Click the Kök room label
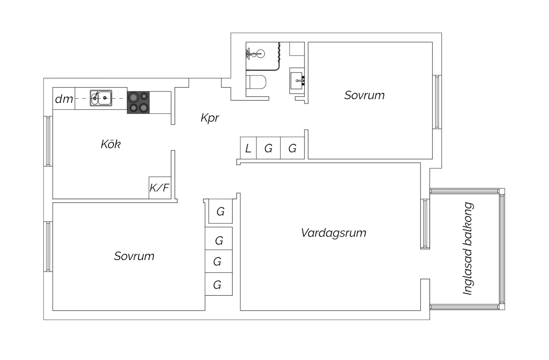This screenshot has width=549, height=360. coord(111,144)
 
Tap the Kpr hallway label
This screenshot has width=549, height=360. coord(210,118)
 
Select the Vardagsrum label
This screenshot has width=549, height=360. coord(333,233)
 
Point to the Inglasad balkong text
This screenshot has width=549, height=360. coord(468,249)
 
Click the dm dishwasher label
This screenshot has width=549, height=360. coord(64,99)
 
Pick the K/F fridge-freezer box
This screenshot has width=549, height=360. coord(160,188)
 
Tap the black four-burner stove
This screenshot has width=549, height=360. coord(138,102)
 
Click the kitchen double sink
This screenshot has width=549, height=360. coord(101,98)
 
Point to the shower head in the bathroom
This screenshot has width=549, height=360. coord(259,53)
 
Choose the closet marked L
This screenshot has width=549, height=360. coord(248,148)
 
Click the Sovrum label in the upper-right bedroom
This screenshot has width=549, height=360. coord(364,95)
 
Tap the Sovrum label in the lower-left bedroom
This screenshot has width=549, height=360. coord(134,256)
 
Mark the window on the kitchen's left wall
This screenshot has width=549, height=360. coord(48,141)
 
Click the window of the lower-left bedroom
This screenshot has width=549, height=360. coord(48,246)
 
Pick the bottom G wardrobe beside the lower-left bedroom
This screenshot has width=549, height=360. coord(218,285)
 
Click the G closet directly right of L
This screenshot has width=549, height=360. coord(268,148)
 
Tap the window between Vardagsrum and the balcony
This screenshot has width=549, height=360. coord(425,223)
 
